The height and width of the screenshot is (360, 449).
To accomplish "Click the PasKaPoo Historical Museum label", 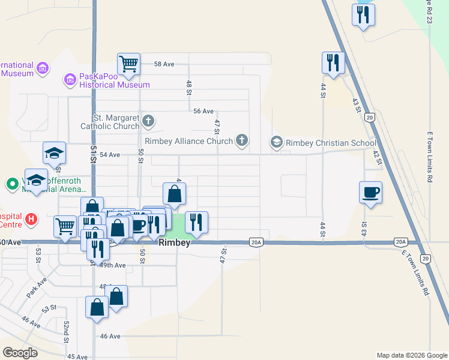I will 115,81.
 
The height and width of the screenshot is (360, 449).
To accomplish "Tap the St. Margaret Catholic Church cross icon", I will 149,122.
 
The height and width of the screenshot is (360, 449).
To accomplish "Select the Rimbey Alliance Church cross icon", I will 242,141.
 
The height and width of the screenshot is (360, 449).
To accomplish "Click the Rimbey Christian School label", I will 331,143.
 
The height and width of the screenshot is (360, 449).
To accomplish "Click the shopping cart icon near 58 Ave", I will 128,63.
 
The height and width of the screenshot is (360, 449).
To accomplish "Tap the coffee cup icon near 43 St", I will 370,193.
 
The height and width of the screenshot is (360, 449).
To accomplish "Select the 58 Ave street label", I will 164,64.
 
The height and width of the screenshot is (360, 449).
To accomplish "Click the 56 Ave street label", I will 203,111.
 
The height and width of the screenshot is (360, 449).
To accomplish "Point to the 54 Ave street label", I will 110,155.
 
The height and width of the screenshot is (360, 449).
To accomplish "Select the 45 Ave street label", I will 77,356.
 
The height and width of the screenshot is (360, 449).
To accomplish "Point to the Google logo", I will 20,353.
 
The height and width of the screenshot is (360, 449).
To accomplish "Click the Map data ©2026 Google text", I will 411,355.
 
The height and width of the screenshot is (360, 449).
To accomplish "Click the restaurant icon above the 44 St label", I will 333,62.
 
